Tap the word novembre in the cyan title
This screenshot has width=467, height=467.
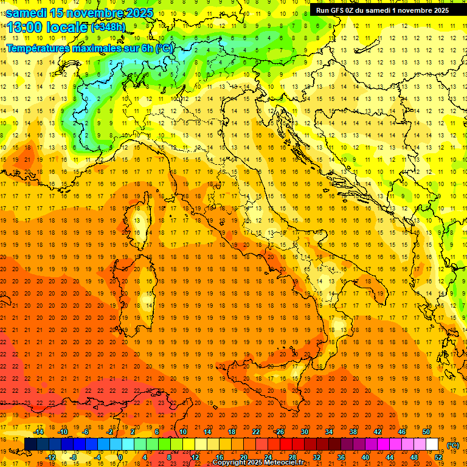click(95, 13)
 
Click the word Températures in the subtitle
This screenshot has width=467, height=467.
click(38, 48)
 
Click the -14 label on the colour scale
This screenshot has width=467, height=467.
click(38, 432)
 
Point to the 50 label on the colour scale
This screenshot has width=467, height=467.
click(426, 432)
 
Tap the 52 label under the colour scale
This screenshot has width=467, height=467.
click(438, 457)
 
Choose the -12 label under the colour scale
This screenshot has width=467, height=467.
click(50, 457)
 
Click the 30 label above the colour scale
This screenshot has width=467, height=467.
click(304, 432)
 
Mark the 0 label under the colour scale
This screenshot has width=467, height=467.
click(120, 457)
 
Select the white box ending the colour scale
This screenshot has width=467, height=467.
click(432, 445)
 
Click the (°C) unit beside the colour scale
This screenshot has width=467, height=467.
click(453, 445)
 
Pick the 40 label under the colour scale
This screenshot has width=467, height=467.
click(365, 457)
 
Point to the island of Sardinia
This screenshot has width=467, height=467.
click(145, 286)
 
